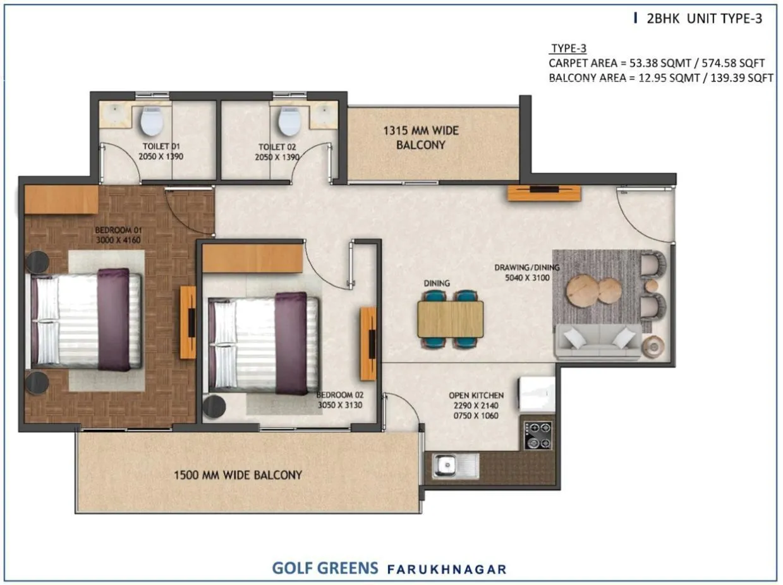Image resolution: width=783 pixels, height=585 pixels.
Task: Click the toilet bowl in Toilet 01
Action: pos(152,121)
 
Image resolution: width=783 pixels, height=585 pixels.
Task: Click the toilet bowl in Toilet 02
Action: pos(289,121)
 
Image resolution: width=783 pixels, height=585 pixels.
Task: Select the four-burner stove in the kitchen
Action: pos(538,435)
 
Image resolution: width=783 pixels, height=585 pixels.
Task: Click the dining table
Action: pos(450,319)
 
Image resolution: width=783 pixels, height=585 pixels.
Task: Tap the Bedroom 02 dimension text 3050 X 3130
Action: pos(339,406)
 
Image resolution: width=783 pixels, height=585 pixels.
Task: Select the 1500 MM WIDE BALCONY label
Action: pos(238,475)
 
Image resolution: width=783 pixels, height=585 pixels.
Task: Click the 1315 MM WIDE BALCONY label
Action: pos(421,138)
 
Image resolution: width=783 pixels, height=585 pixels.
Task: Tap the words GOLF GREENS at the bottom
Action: pos(325,568)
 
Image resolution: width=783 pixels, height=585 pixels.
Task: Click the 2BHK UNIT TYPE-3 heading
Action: pos(704,19)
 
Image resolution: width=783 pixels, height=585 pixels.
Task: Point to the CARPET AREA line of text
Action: pos(657,63)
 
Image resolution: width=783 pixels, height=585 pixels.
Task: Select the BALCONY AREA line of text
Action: pos(660,78)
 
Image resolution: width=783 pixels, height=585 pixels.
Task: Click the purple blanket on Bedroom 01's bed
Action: pos(113,319)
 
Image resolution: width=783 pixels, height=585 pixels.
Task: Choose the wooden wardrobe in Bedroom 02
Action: pos(253,258)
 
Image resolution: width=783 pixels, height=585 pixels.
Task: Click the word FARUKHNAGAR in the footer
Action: pos(447,569)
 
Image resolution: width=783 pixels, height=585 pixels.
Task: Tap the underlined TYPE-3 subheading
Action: pos(569,49)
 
